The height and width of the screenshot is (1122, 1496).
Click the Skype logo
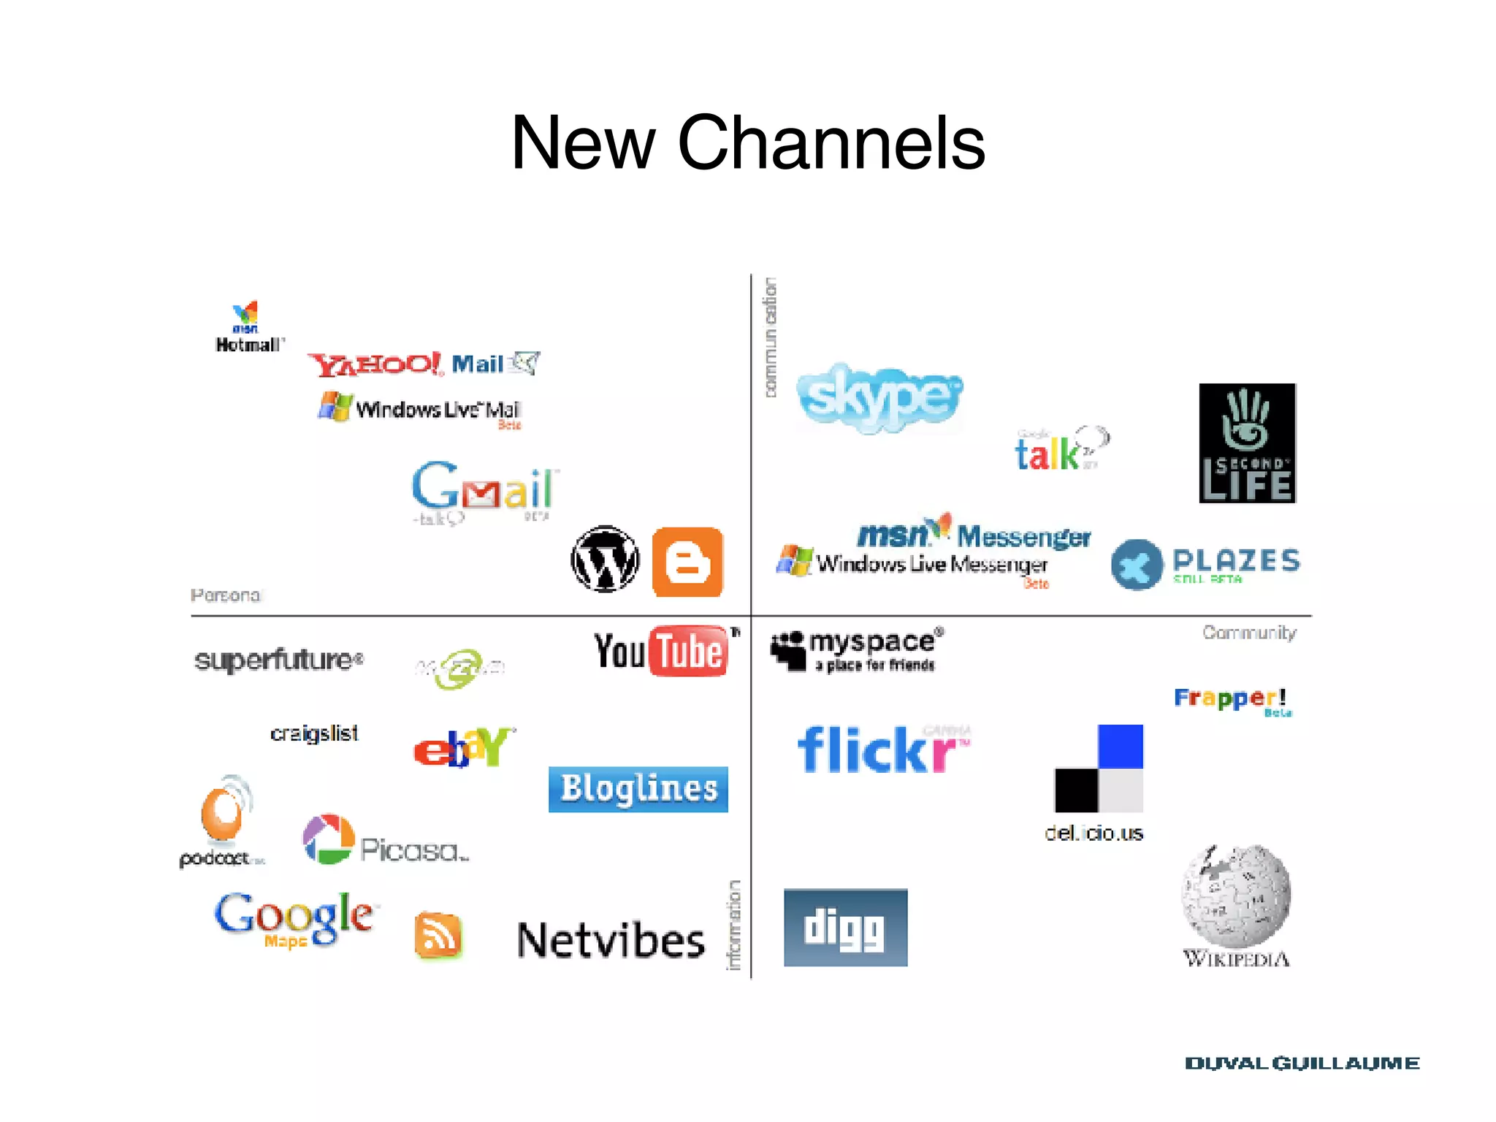coord(879,397)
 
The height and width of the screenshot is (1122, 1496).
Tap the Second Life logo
coord(1247,443)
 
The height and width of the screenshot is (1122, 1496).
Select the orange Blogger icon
coord(687,562)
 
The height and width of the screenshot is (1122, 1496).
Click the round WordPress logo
coord(605,560)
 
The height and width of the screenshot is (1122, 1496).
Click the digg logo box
coord(845,928)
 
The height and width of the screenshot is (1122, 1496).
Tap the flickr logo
coord(882,749)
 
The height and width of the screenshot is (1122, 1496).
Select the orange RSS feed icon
coord(438,935)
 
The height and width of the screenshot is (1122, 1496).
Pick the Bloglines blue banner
coord(638,789)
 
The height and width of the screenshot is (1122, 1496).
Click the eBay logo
coord(463,747)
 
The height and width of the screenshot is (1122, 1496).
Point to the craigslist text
coord(314,733)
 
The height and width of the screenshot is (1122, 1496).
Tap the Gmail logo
coord(483,487)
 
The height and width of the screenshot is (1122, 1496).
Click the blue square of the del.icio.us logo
coord(1121,746)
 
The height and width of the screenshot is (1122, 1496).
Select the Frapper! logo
coord(1230,699)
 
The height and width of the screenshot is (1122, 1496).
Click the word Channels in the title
coord(831,143)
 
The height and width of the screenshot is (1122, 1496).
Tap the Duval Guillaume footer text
coord(1302,1064)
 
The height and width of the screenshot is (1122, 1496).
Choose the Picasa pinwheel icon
coord(329,839)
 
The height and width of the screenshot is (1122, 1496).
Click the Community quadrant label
coord(1249,633)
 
